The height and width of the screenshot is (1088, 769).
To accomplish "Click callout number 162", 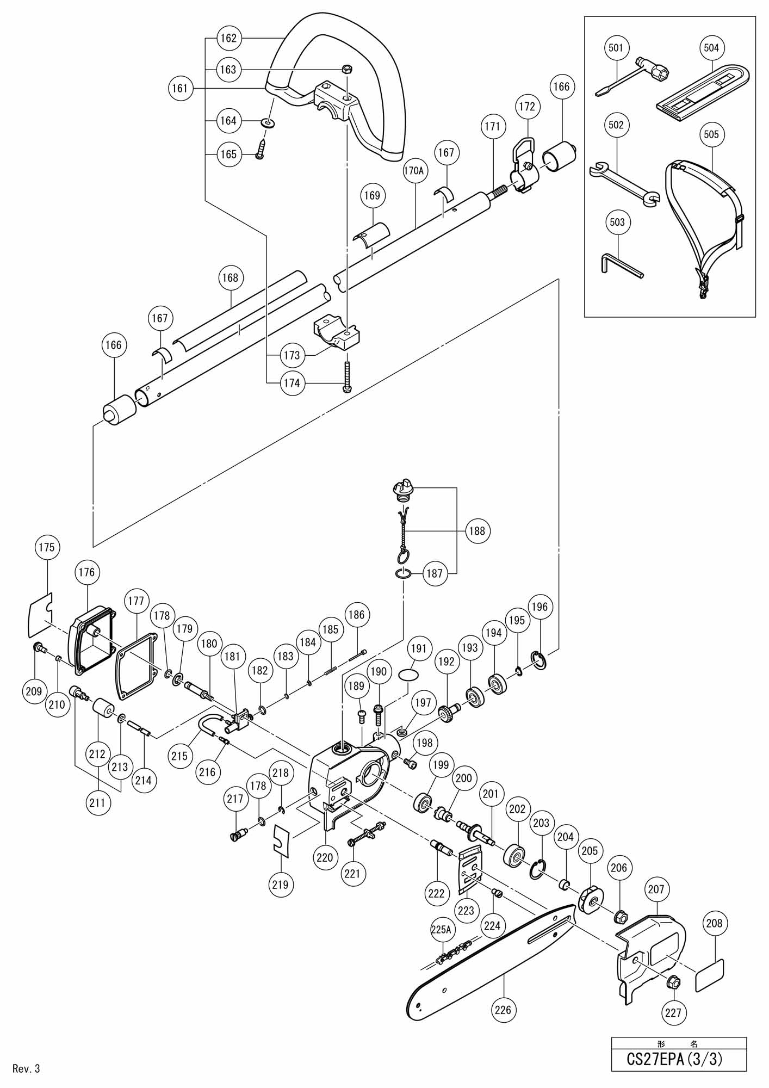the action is [229, 38].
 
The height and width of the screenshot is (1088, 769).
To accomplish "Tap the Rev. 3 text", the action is [26, 1068].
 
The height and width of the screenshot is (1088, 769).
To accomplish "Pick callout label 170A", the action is [413, 171].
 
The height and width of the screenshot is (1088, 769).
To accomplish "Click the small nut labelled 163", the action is [347, 69].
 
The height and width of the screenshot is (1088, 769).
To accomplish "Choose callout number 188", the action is [477, 530].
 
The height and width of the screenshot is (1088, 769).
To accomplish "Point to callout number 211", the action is [97, 802].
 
